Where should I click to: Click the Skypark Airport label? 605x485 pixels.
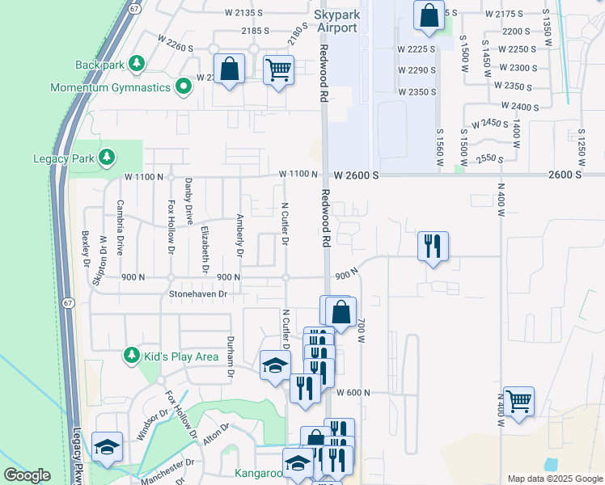coord(336,22)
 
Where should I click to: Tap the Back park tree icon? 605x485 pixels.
coord(137,63)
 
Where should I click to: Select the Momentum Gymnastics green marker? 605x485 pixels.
coord(184,86)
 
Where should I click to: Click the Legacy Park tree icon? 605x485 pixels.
coord(105,157)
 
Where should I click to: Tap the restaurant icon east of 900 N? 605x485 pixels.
coord(433,246)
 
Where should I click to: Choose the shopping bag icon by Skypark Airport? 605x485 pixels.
coord(429,15)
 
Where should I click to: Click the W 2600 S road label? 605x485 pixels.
coord(355,175)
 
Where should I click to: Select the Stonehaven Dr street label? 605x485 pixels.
coord(197,295)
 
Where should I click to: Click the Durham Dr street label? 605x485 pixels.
coord(231,357)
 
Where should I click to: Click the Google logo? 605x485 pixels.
coord(27,475)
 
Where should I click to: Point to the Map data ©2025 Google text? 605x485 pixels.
coord(554,479)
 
